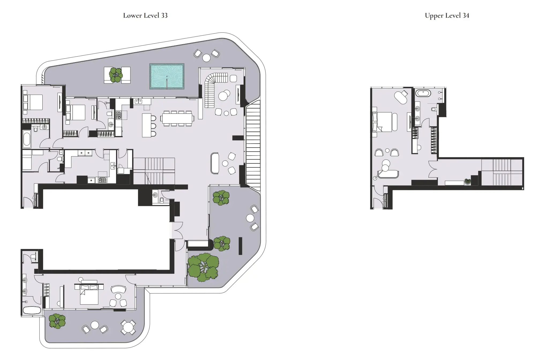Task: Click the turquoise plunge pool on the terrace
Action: click(x=167, y=76)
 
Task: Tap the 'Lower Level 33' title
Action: click(x=145, y=16)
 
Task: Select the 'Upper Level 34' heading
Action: click(x=447, y=16)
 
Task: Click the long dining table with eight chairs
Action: click(x=177, y=118)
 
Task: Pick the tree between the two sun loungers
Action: click(x=116, y=75)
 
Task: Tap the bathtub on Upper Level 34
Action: click(x=423, y=93)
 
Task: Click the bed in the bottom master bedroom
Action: click(x=89, y=295)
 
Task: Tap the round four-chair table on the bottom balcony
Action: click(x=128, y=327)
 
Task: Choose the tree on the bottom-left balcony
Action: click(x=57, y=321)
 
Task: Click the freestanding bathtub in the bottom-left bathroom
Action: click(x=32, y=310)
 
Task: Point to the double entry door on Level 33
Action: click(x=177, y=230)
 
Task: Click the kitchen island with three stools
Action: click(x=147, y=125)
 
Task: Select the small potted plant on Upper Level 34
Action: click(x=467, y=182)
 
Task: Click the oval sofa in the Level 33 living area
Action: click(x=215, y=163)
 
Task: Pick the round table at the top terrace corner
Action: click(x=206, y=58)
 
